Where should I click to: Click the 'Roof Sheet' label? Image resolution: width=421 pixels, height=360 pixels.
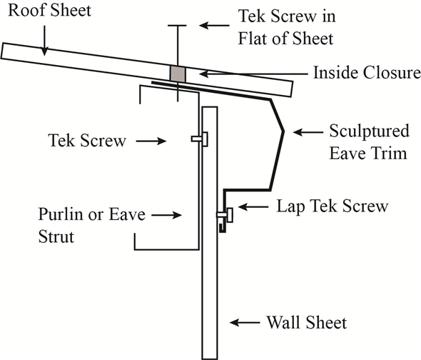click(x=36, y=12)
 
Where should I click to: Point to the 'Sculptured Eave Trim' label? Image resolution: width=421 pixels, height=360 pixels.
click(x=368, y=141)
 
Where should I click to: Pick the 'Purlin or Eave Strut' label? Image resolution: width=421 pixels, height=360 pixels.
click(x=72, y=224)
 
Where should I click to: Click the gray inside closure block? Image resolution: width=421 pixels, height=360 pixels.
click(x=177, y=73)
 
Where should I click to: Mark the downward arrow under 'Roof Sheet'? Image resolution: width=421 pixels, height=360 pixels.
click(x=45, y=39)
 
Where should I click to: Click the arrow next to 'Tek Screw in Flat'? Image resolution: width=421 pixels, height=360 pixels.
click(x=214, y=25)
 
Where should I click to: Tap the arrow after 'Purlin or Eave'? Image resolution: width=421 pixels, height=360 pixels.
click(x=168, y=214)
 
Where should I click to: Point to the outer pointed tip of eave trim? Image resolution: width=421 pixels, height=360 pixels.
click(x=284, y=131)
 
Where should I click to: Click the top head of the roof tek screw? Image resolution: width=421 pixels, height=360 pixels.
click(x=176, y=26)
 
